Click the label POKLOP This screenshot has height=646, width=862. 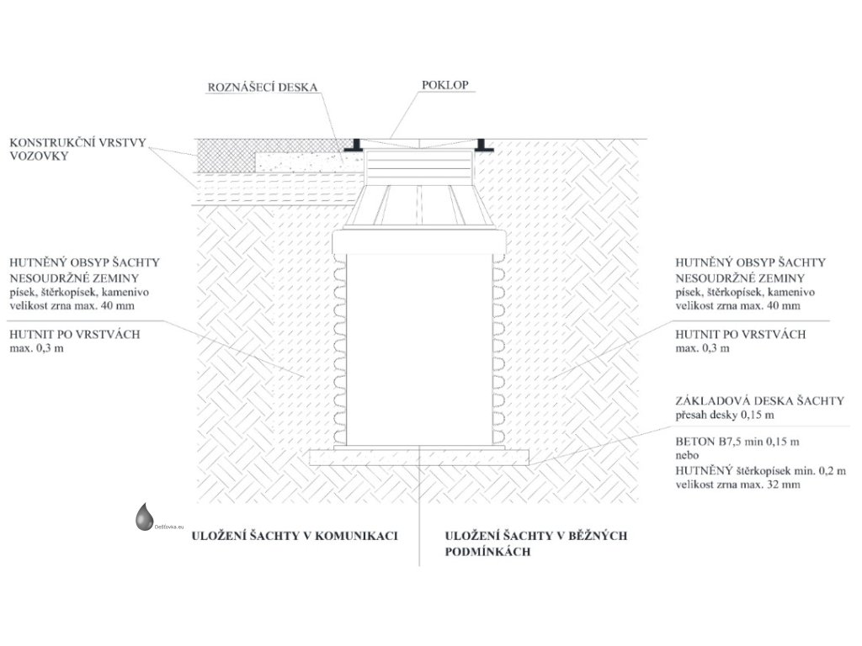(x=445, y=85)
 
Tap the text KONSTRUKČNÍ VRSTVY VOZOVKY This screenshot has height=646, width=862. (x=63, y=149)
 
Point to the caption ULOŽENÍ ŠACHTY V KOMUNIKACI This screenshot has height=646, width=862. (x=295, y=535)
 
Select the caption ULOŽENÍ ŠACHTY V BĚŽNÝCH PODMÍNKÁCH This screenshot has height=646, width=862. (x=536, y=543)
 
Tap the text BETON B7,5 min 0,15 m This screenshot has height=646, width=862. (x=737, y=441)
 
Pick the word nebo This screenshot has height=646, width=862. (x=689, y=455)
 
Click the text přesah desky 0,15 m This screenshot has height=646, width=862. (x=725, y=415)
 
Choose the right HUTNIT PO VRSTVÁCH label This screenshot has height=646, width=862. (x=741, y=334)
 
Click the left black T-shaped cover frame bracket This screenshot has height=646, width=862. (x=357, y=145)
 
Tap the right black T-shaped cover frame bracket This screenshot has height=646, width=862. (x=483, y=145)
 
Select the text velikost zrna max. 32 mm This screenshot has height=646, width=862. (x=737, y=484)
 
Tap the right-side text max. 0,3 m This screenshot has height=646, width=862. (x=704, y=348)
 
